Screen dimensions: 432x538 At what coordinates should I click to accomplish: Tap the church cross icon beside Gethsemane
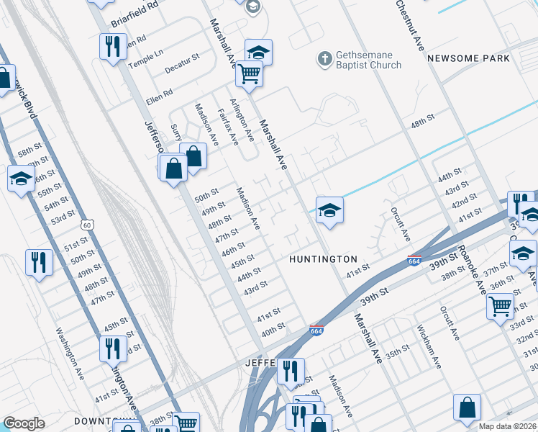[x=325, y=58]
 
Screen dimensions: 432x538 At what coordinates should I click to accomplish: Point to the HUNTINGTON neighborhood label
[x=323, y=259]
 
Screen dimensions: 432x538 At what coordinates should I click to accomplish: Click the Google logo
[x=24, y=424]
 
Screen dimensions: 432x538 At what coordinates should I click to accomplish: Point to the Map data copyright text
[x=507, y=426]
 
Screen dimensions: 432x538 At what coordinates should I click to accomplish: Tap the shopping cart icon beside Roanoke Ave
[x=500, y=305]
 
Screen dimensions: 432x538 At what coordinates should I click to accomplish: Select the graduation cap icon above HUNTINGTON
[x=329, y=210]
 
